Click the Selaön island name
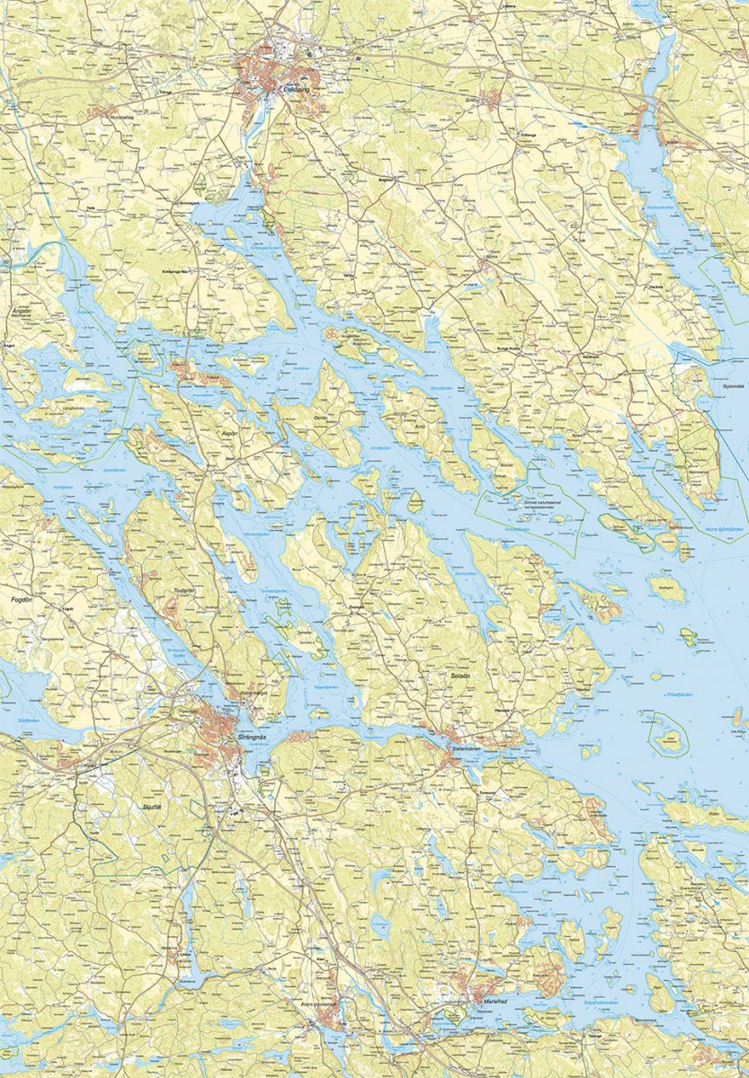tap(461, 669)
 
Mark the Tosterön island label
tap(185, 591)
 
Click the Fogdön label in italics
tap(21, 596)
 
